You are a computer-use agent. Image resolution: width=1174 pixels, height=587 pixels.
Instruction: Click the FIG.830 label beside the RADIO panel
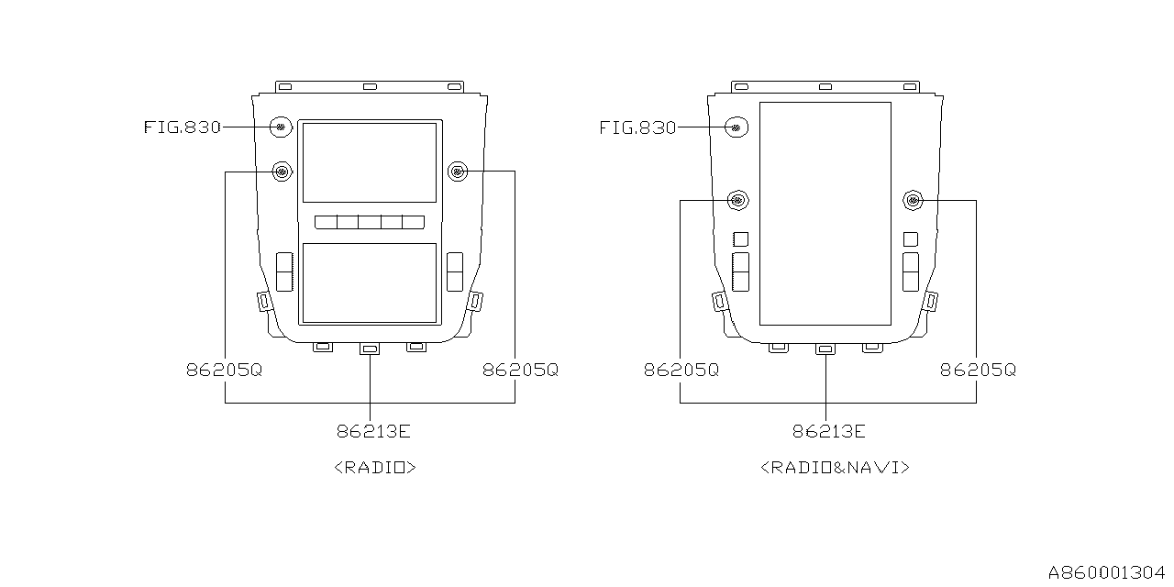pos(183,127)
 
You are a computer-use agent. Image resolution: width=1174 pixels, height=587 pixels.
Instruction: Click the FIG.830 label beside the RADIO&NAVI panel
pos(637,127)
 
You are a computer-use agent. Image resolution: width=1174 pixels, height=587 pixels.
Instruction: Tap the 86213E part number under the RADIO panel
pos(373,431)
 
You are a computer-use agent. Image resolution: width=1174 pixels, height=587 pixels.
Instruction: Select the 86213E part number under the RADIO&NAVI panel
pos(828,431)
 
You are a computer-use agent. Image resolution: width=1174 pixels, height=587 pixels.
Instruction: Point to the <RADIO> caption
pos(375,467)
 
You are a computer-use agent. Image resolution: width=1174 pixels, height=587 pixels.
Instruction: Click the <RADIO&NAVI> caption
pos(835,467)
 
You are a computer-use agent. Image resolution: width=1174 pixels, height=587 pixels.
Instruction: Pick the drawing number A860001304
pos(1106,571)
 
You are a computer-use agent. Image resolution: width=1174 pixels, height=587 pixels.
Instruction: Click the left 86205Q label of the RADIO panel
pos(225,370)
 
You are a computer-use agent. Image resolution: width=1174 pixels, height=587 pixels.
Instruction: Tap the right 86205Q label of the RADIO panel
pos(520,370)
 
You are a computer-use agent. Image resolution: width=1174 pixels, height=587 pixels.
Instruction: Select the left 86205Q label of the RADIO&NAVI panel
pos(681,370)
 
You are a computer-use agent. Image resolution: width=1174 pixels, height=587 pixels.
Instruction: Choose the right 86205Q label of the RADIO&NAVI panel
pos(978,370)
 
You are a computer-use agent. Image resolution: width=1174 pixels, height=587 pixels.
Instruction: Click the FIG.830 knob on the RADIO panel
pos(281,127)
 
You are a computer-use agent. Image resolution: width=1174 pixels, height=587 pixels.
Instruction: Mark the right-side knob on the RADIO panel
pos(458,172)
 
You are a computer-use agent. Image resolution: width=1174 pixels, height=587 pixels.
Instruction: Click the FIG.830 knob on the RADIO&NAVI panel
pos(737,127)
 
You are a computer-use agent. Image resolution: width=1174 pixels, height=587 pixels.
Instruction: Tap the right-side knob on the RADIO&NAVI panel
pos(913,200)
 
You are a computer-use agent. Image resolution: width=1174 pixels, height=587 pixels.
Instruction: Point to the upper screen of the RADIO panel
pos(370,162)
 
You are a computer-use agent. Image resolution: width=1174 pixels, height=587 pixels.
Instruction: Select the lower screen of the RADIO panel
pos(370,283)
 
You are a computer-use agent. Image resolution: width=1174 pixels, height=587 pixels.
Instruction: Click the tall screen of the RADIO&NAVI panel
pos(825,214)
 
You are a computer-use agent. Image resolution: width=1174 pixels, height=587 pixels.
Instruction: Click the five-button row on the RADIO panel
pos(370,222)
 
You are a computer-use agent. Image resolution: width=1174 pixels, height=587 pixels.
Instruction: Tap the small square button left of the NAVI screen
pos(740,239)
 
